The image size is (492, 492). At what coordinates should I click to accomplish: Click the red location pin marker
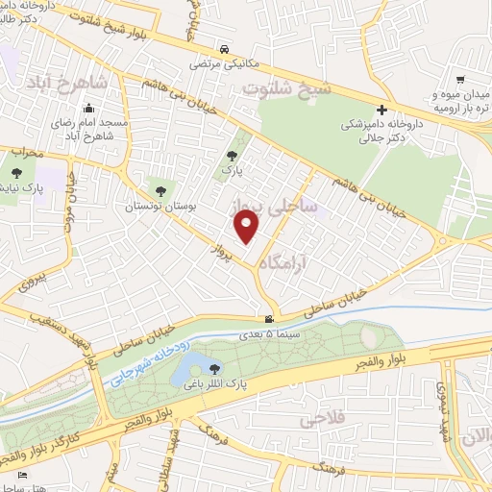pos(247,227)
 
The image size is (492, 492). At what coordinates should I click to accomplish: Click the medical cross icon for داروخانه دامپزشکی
pos(382,110)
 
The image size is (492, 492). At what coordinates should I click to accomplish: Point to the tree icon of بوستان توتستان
pos(159,189)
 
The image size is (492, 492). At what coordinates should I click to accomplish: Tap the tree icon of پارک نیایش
pos(16,174)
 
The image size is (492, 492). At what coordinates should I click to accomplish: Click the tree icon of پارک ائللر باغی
pos(214,368)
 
